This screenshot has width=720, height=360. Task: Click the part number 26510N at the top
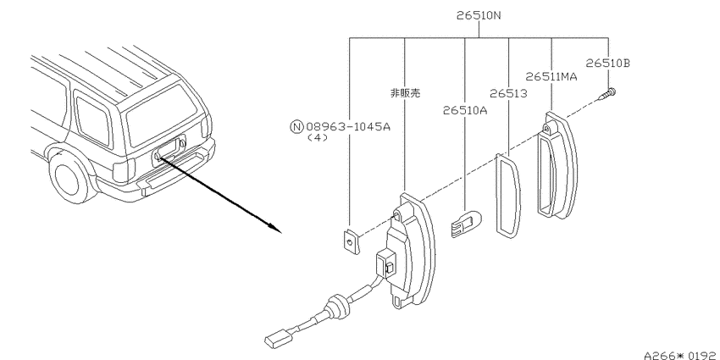[479, 15]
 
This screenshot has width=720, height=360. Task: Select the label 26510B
[608, 63]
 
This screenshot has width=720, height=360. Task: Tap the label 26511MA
[551, 76]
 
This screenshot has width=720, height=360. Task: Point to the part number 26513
[508, 94]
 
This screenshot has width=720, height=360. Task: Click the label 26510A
[465, 110]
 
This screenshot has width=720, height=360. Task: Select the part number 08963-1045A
[347, 126]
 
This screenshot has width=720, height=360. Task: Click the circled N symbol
[296, 127]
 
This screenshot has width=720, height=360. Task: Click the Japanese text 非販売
[405, 93]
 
